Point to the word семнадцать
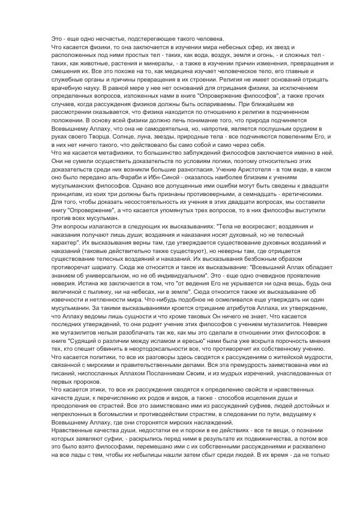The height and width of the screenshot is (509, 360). tap(263, 194)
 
